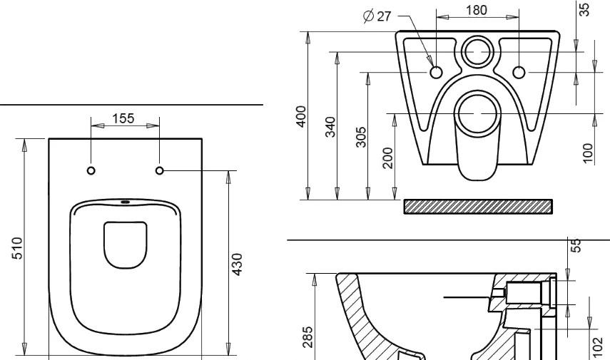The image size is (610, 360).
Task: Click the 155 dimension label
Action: tap(123, 118)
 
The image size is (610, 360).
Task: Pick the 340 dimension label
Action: tap(330, 125)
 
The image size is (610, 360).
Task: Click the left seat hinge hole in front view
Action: tap(91, 170)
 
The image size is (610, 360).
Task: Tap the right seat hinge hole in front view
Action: tap(159, 170)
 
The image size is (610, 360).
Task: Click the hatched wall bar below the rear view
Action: tap(478, 206)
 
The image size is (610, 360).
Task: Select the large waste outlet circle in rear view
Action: tap(476, 113)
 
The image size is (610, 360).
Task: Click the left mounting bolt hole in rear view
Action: tap(437, 72)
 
